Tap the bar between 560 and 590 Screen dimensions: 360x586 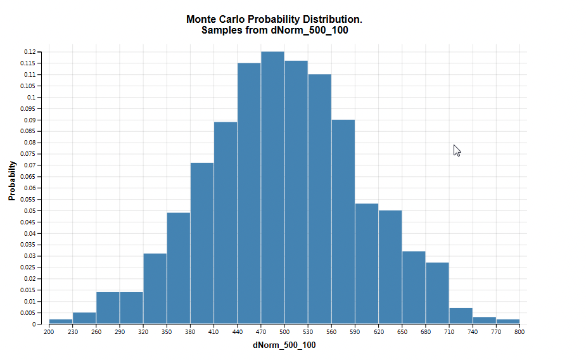(x=343, y=222)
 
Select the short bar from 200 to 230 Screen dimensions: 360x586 (x=60, y=321)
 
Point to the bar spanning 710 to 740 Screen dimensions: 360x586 (x=461, y=316)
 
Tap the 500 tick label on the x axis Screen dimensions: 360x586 (x=284, y=331)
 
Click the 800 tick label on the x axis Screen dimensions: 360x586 (x=519, y=331)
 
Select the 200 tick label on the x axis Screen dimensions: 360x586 (x=49, y=331)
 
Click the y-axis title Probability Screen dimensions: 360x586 (x=12, y=181)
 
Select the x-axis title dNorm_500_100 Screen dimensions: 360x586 (x=284, y=345)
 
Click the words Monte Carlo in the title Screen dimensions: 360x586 (x=215, y=20)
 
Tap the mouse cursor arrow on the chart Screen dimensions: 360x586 (x=456, y=150)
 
